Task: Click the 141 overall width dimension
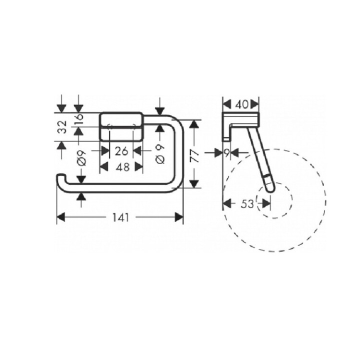pos(120,217)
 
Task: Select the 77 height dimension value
pos(194,155)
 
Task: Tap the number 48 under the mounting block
pos(122,167)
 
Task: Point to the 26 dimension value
pos(122,150)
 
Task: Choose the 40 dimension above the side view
pos(241,104)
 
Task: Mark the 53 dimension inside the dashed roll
pos(246,203)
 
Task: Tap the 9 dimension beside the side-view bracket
pos(228,152)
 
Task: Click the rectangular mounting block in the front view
pos(122,127)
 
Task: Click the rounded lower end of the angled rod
pos(269,188)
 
